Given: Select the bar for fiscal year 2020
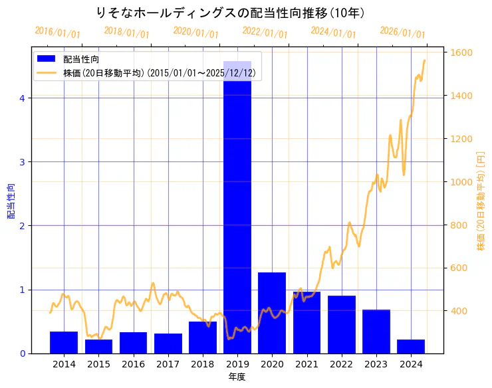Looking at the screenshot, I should click(x=272, y=312).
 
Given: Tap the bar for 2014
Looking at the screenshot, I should click(x=64, y=342).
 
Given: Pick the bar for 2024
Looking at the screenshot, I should click(x=411, y=346).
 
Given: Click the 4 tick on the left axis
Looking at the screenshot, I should click(x=22, y=98).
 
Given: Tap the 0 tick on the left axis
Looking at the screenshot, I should click(x=22, y=353).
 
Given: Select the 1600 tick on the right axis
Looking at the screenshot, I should click(x=461, y=52).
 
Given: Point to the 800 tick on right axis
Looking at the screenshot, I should click(x=459, y=225).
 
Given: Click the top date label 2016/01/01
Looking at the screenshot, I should click(x=58, y=33).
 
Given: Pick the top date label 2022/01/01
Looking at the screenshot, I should click(x=265, y=33).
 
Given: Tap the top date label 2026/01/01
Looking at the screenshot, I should click(x=403, y=33).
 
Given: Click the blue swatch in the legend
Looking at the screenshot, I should click(x=47, y=59).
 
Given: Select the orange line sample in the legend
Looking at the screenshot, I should click(x=47, y=73).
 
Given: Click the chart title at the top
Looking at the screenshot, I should click(x=230, y=13).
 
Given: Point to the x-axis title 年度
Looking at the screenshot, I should click(x=237, y=377).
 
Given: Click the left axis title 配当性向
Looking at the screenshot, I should click(x=11, y=201).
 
